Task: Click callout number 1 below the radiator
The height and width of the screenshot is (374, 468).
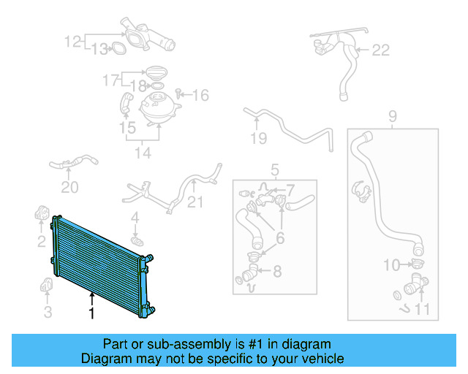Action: pos(91,314)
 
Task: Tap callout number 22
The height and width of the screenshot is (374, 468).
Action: pos(381,50)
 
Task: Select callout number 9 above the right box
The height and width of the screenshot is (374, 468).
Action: pos(392,115)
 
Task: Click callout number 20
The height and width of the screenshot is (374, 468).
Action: pos(69,188)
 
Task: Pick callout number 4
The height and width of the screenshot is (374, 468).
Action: pos(135,217)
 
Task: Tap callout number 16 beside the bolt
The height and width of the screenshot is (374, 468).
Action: pos(200,95)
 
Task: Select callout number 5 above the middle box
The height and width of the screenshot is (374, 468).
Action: pos(275,170)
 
